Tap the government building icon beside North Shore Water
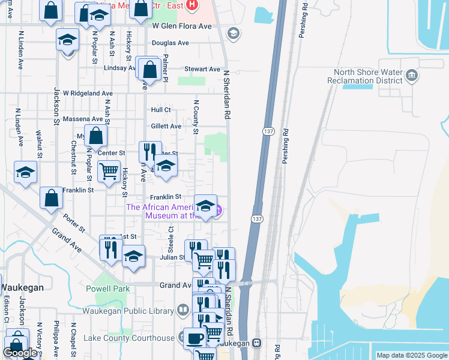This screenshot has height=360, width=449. click(412, 76)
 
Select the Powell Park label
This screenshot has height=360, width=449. click(112, 289)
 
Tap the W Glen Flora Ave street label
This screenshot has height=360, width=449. click(182, 26)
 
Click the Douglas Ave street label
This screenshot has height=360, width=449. click(170, 43)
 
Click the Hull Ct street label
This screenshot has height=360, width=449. click(161, 110)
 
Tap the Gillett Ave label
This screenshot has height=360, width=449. click(166, 126)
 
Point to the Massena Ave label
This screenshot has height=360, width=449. click(88, 119)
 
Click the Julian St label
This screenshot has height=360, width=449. click(172, 257)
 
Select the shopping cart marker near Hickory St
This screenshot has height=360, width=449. click(109, 171)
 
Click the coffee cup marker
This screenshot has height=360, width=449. click(194, 338)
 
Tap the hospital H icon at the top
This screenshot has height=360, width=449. click(191, 5)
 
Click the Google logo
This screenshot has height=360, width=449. click(20, 353)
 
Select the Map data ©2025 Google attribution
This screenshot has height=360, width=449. click(412, 355)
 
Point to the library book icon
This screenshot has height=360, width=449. click(183, 310)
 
